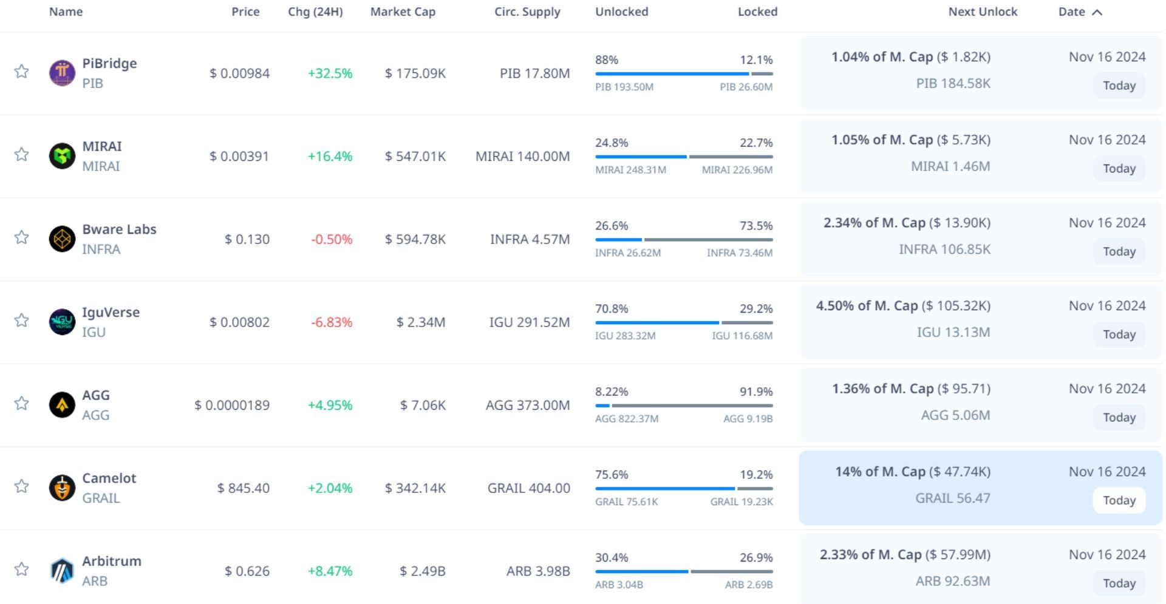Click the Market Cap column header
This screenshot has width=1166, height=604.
[x=403, y=12]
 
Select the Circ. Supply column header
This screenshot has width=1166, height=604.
[x=527, y=12]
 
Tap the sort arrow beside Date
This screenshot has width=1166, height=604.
[x=1097, y=12]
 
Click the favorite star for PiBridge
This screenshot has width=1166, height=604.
[x=22, y=72]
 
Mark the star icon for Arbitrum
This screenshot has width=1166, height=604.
[x=22, y=569]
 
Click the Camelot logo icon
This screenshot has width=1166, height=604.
[x=62, y=487]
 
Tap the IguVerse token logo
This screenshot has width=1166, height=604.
[x=62, y=322]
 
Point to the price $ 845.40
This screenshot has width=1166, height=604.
[x=244, y=488]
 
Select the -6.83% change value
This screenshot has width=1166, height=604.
[x=332, y=322]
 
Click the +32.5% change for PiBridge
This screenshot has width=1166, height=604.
[x=330, y=73]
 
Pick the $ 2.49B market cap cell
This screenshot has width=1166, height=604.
[x=423, y=571]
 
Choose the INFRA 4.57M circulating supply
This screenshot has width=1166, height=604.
[x=530, y=239]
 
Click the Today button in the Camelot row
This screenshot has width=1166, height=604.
[x=1119, y=500]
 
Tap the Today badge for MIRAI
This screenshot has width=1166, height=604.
[x=1119, y=169]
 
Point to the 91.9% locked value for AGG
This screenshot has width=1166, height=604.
[x=756, y=392]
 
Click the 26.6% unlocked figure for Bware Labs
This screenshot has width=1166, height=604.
[x=612, y=226]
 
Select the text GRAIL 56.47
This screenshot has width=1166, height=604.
[x=952, y=498]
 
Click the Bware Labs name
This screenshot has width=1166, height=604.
[x=119, y=229]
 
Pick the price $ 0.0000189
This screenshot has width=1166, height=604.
[x=232, y=405]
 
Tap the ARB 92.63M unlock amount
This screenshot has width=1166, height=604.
[x=952, y=581]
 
